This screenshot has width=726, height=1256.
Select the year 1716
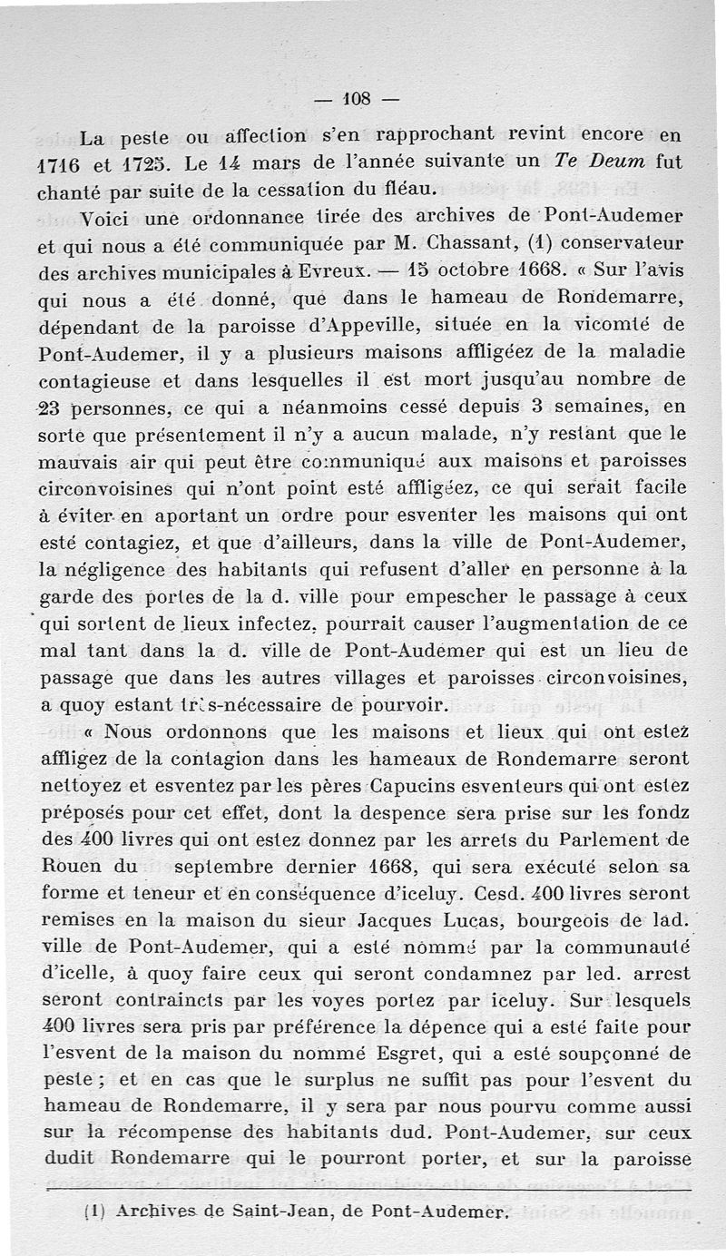pos(61,166)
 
